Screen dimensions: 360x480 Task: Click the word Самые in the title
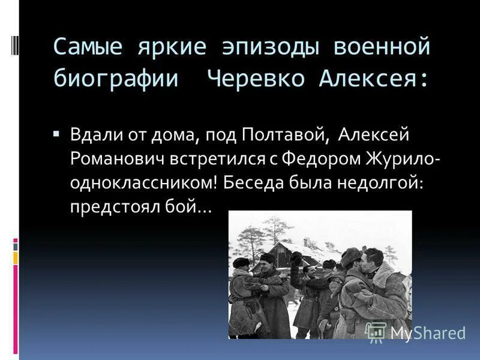pyautogui.click(x=86, y=47)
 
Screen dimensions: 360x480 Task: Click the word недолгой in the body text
pyautogui.click(x=389, y=184)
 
